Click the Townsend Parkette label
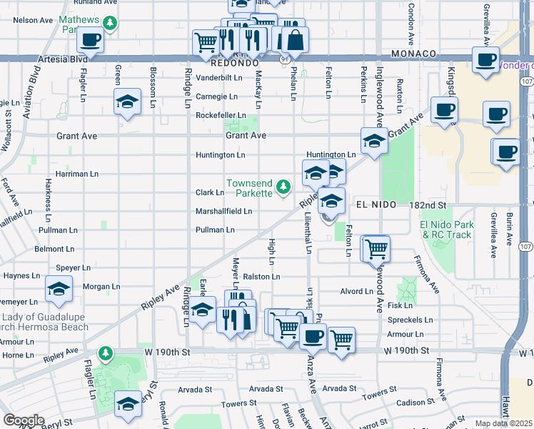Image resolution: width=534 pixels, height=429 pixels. click(x=250, y=188)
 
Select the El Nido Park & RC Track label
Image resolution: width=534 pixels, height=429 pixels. click(x=446, y=230)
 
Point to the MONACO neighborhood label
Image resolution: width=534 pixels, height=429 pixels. click(x=413, y=54)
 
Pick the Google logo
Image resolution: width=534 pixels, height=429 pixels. click(x=24, y=420)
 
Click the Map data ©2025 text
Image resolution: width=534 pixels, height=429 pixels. click(x=503, y=424)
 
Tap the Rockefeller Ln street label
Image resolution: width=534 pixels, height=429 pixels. click(x=221, y=115)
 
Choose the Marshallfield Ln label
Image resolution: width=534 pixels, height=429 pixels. click(x=223, y=212)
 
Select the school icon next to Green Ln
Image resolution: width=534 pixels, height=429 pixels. click(x=127, y=102)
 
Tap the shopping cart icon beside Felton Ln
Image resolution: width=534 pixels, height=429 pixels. click(x=376, y=249)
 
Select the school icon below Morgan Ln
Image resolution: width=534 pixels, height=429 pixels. click(x=58, y=290)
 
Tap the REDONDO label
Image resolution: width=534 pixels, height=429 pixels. click(x=234, y=63)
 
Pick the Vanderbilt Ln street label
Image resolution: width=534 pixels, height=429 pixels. click(x=219, y=77)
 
